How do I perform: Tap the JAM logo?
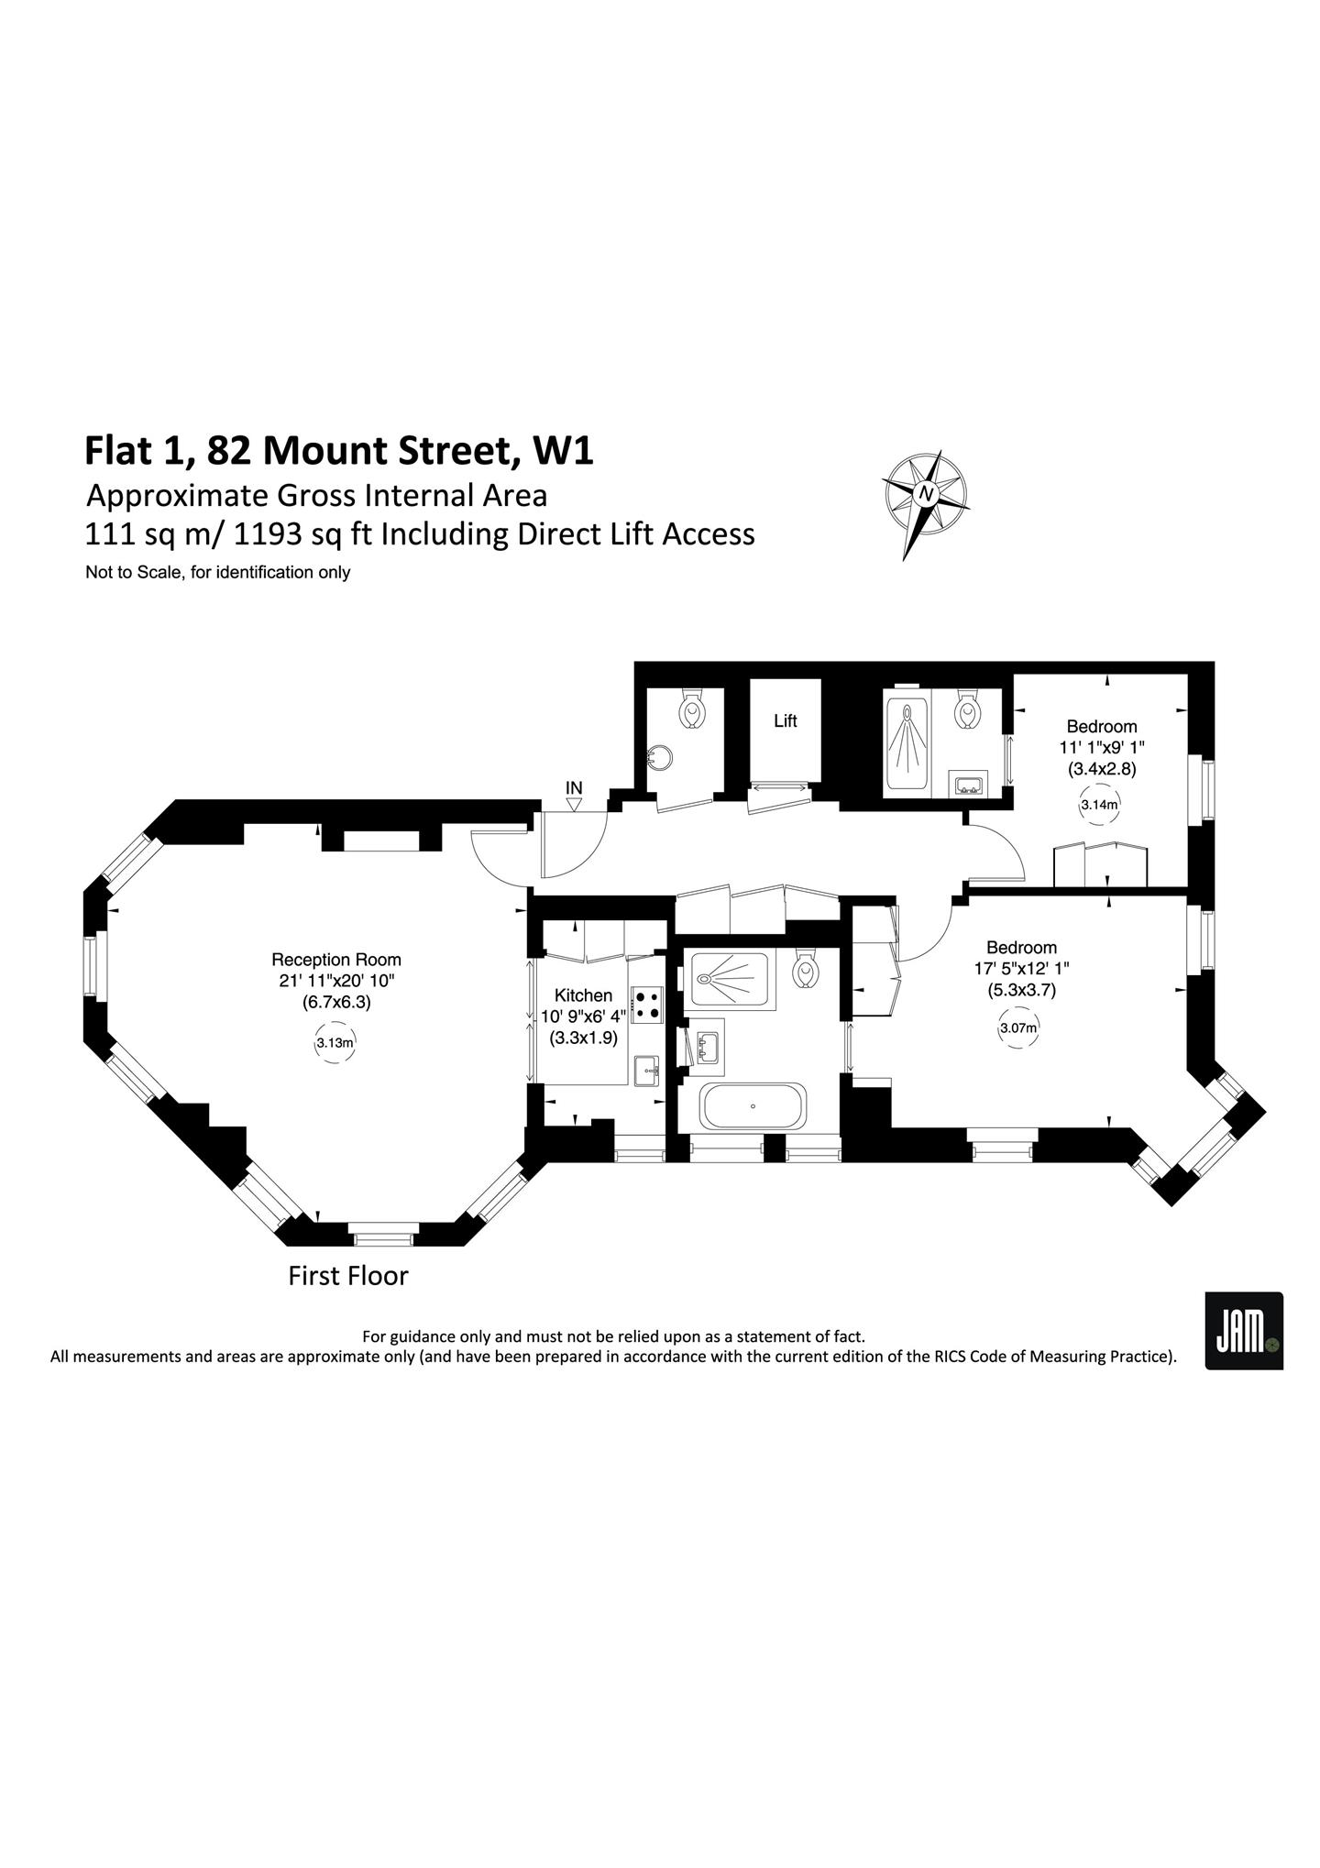tap(1244, 1331)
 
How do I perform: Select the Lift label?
tap(785, 720)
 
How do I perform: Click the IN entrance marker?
tap(574, 796)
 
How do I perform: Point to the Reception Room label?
tap(336, 960)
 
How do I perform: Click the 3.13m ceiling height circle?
tap(335, 1042)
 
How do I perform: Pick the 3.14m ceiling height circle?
tap(1100, 806)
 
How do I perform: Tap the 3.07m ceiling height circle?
tap(1017, 1028)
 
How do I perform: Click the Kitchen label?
tap(583, 995)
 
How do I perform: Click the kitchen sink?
tap(647, 1070)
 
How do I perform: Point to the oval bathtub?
tap(753, 1106)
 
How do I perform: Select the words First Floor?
tap(348, 1276)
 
